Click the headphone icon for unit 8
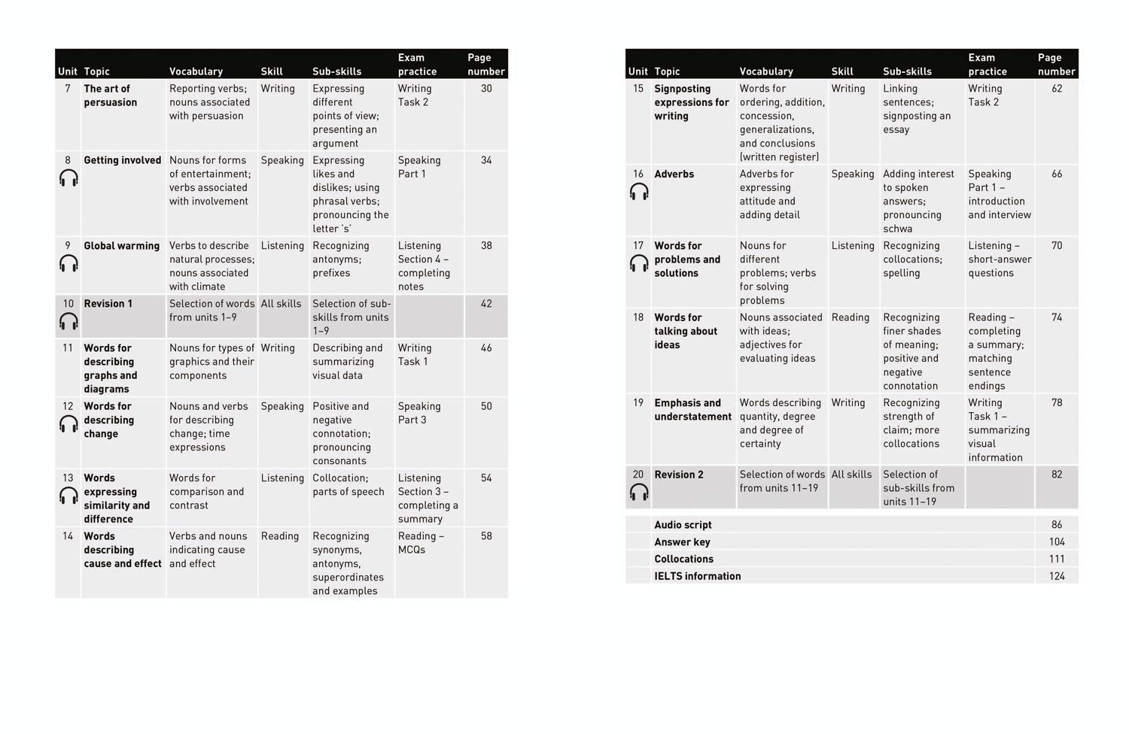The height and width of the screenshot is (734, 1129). tap(68, 178)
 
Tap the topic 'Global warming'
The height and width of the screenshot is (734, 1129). tap(121, 246)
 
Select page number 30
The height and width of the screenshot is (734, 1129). tap(486, 89)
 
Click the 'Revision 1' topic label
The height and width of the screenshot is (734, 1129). tap(108, 304)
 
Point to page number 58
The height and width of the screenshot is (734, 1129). tap(486, 536)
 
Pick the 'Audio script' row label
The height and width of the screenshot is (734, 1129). tap(683, 525)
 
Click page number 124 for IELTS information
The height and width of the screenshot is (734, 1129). tap(1057, 576)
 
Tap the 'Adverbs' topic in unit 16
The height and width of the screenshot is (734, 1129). tap(674, 174)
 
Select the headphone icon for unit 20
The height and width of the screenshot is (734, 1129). tap(639, 493)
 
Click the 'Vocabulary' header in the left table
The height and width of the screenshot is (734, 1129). tap(196, 71)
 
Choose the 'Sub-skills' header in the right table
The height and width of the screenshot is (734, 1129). tap(907, 71)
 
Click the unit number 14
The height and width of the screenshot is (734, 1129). tap(68, 536)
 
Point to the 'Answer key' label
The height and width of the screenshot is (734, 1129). tap(682, 542)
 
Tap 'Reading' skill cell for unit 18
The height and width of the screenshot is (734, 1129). tap(850, 317)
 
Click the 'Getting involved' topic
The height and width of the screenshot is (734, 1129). tap(122, 160)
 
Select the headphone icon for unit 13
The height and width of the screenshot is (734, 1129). tap(68, 496)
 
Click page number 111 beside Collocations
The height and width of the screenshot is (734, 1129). tap(1057, 559)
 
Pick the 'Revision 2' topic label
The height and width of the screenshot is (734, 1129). tap(678, 475)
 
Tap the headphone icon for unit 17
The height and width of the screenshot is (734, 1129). tap(639, 263)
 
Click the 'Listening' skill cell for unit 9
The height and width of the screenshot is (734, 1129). tap(282, 246)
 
